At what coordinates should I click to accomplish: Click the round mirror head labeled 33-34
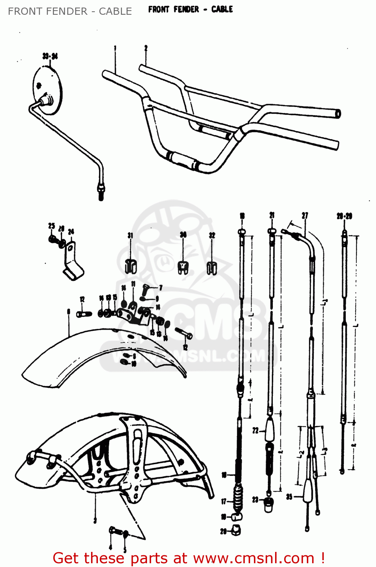pyautogui.click(x=47, y=90)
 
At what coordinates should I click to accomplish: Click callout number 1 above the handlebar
pyautogui.click(x=115, y=48)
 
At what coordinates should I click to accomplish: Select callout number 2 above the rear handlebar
pyautogui.click(x=145, y=48)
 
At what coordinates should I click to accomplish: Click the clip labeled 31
pyautogui.click(x=130, y=265)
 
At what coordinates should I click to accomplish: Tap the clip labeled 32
pyautogui.click(x=212, y=268)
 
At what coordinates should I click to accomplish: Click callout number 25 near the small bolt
pyautogui.click(x=52, y=226)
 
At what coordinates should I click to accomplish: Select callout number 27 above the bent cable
pyautogui.click(x=305, y=215)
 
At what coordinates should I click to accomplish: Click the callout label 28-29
pyautogui.click(x=344, y=216)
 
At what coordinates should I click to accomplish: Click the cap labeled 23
pyautogui.click(x=268, y=504)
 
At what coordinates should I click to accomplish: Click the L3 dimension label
pyautogui.click(x=325, y=451)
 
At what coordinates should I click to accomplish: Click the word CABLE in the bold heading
pyautogui.click(x=222, y=9)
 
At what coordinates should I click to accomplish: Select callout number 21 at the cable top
pyautogui.click(x=272, y=215)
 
